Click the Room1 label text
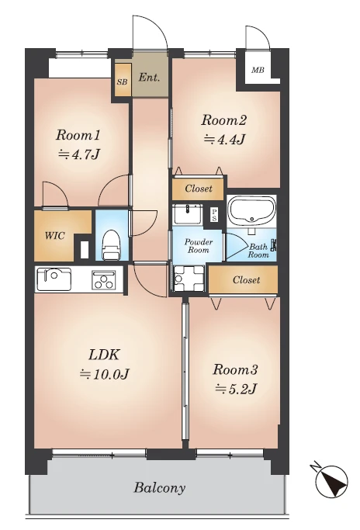point(78,136)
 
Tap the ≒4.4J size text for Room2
point(224,139)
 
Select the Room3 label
point(235,370)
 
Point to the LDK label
point(104,355)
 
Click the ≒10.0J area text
point(105,374)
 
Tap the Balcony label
point(160,488)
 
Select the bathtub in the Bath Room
point(251,211)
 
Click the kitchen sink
point(54,279)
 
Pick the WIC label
point(55,236)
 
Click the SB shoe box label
point(123,81)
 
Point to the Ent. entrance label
point(149,78)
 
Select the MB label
point(258,71)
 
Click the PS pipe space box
point(214,215)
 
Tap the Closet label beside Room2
point(199,189)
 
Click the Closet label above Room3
point(247,280)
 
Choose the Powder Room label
point(199,246)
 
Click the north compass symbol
point(331,480)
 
